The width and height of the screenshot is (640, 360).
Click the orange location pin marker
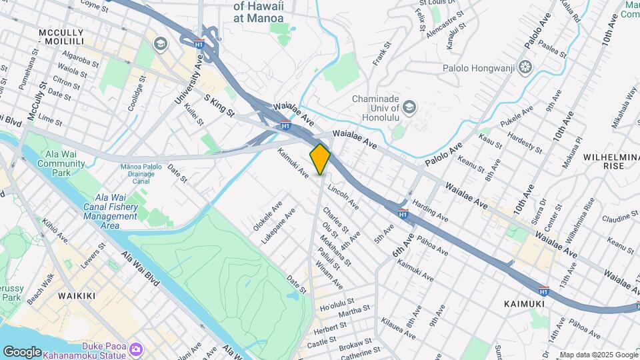coord(321,159)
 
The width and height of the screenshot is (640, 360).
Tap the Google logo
coord(22,351)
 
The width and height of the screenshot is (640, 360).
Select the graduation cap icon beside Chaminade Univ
coord(409,107)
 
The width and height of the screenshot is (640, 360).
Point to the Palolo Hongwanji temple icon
coord(526,67)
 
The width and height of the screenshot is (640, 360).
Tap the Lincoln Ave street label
coord(343,195)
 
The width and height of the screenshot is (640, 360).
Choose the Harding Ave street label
coord(429,209)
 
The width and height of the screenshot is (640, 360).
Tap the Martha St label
coord(354,312)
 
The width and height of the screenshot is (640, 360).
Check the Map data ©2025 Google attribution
coord(598,355)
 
